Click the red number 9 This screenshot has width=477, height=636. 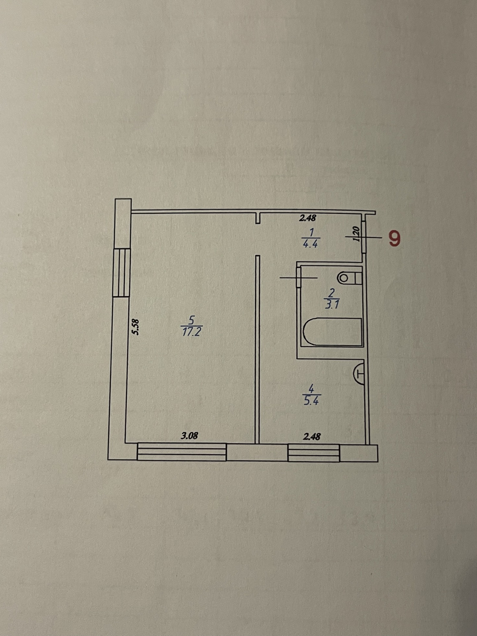coord(394,238)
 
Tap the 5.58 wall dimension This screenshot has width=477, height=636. coord(135,327)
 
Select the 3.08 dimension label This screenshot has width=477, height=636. coord(189,435)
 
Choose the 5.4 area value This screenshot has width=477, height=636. coord(311,401)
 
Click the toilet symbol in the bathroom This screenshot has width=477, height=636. coord(349,278)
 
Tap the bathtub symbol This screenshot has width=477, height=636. coord(333,331)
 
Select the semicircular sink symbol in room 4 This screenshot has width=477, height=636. coord(359,373)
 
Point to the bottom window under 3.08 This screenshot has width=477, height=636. coord(182,452)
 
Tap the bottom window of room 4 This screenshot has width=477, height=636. coord(313,453)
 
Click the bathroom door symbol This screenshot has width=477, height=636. coord(299,277)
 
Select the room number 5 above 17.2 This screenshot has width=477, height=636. coord(191,320)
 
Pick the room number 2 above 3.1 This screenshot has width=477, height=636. coord(332,293)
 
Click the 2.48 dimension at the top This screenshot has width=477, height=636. coord(307,218)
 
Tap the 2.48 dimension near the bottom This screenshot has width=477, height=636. coord(312,436)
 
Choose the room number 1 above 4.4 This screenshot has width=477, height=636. coord(312,232)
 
